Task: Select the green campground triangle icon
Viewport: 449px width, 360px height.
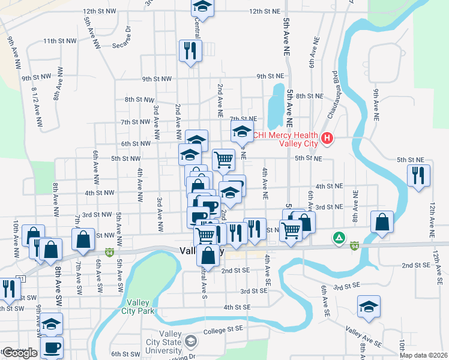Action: pos(339,238)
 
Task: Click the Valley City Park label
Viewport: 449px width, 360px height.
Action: pos(140,307)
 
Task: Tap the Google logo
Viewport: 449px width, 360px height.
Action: pos(20,353)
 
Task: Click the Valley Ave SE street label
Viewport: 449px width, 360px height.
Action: pos(364,337)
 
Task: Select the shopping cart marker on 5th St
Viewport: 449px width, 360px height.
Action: pos(223,159)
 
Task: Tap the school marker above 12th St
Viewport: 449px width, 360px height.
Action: pos(202,7)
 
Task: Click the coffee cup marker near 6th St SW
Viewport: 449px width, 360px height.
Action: pos(52,346)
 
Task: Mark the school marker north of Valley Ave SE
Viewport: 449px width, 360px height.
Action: pos(368,307)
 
